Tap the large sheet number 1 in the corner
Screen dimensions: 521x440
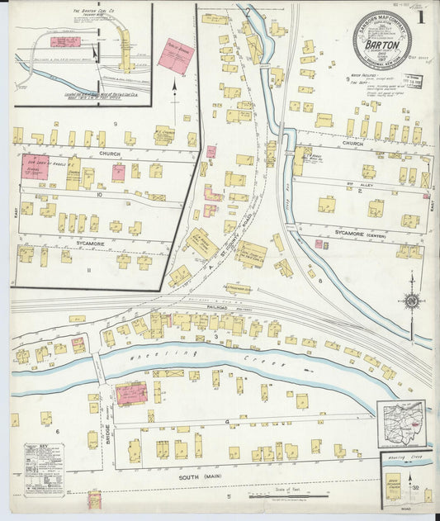[422, 15]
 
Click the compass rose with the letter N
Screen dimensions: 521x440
[411, 302]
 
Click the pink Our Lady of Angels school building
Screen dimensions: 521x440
[35, 163]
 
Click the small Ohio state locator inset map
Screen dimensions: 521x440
[401, 423]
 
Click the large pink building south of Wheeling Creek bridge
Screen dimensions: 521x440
[131, 393]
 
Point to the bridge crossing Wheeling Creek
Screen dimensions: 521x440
[99, 362]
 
